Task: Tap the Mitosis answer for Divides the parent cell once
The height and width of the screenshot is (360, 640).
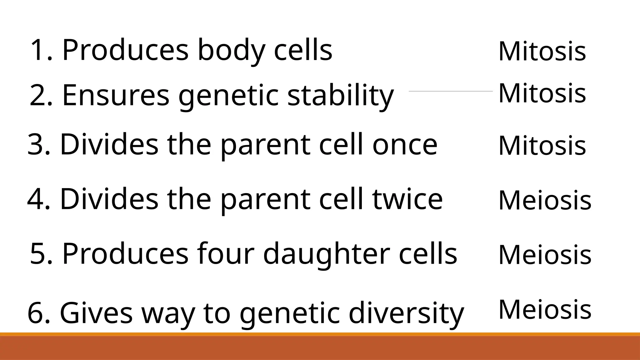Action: tap(542, 146)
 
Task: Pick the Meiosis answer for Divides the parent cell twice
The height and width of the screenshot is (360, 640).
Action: tap(545, 200)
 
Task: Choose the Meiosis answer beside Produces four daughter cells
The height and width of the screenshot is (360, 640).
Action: tap(545, 255)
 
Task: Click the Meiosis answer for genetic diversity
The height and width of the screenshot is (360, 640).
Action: tap(545, 309)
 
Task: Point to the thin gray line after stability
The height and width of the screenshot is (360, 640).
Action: tap(451, 91)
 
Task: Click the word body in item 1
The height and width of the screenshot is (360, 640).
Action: tap(231, 51)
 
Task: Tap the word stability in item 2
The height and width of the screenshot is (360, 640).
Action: tap(340, 95)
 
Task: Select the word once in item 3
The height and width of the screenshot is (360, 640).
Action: tap(405, 145)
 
